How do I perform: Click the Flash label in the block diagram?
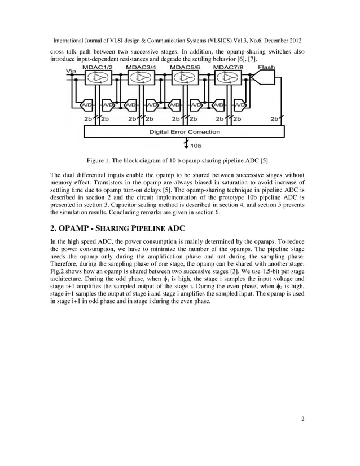pyautogui.click(x=266, y=68)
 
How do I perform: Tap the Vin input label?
pyautogui.click(x=72, y=71)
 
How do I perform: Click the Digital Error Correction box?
pyautogui.click(x=184, y=132)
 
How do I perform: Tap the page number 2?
pyautogui.click(x=303, y=419)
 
